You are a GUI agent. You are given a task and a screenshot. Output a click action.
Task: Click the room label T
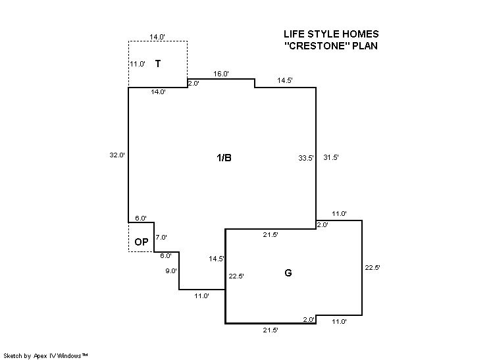pyautogui.click(x=158, y=64)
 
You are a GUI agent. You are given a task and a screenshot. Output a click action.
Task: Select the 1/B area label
pyautogui.click(x=224, y=158)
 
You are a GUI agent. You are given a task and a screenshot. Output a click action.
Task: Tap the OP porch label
pyautogui.click(x=142, y=242)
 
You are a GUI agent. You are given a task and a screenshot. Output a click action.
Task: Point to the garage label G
pyautogui.click(x=288, y=273)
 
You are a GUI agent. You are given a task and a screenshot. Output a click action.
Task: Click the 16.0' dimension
pyautogui.click(x=221, y=74)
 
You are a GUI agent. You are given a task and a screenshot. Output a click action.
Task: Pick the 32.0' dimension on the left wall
pyautogui.click(x=117, y=155)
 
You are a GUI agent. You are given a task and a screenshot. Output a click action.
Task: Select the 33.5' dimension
pyautogui.click(x=306, y=158)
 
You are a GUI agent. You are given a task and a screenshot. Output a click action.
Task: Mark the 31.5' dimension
pyautogui.click(x=331, y=157)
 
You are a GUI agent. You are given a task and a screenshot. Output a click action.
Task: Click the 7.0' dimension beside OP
pyautogui.click(x=161, y=238)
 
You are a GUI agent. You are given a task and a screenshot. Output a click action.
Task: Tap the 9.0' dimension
pyautogui.click(x=171, y=270)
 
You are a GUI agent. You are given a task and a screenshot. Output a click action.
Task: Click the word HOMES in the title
pyautogui.click(x=361, y=34)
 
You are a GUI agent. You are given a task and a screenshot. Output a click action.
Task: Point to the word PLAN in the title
pyautogui.click(x=365, y=46)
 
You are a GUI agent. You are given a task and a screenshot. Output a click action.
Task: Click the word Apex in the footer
pyautogui.click(x=40, y=356)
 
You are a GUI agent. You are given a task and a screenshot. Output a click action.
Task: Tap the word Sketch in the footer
pyautogui.click(x=13, y=355)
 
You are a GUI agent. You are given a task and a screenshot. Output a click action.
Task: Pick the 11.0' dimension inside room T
pyautogui.click(x=138, y=64)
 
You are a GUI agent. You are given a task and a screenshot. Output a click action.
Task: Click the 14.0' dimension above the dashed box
pyautogui.click(x=157, y=37)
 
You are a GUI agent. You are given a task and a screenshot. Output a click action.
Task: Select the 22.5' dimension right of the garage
pyautogui.click(x=373, y=268)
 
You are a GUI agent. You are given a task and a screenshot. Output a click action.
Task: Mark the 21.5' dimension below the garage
pyautogui.click(x=271, y=330)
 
